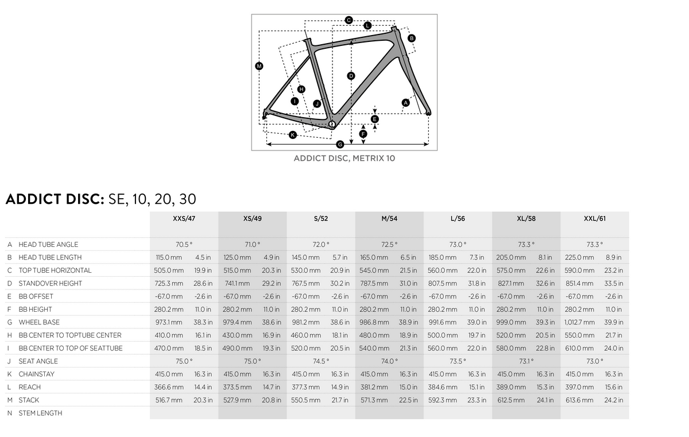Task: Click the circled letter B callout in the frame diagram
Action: pos(412,38)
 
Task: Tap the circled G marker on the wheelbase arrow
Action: pos(340,144)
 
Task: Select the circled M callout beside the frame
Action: pos(259,66)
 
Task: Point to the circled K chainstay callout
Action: pos(292,135)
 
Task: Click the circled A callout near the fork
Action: pos(405,103)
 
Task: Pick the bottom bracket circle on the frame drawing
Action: pos(332,124)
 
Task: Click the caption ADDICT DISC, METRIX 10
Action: pos(344,158)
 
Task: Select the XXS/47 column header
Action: pos(184,219)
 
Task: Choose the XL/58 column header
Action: pos(526,219)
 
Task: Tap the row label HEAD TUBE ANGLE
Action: pos(48,245)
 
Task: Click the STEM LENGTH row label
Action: pos(40,413)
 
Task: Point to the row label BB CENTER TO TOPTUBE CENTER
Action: pos(70,335)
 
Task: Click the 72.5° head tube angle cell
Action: pos(389,245)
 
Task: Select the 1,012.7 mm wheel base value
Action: pos(579,322)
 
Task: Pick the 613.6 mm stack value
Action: pos(579,400)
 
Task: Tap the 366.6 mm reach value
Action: pos(169,387)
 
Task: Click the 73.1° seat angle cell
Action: pos(526,361)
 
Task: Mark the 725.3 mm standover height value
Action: pos(169,284)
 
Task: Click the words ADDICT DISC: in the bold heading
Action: pos(55,199)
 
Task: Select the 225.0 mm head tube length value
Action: pos(579,257)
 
